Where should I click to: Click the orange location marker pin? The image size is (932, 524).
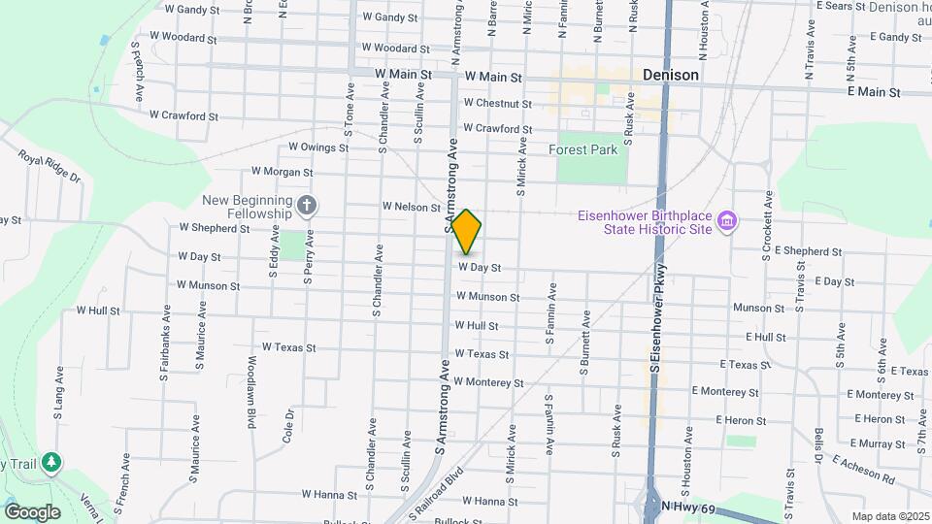[467, 231]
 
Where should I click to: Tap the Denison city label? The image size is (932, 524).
[671, 75]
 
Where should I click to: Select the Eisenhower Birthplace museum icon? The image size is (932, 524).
[726, 223]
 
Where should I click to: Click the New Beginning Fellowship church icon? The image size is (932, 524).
[307, 205]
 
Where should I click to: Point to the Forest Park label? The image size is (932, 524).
[582, 150]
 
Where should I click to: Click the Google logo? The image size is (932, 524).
[32, 511]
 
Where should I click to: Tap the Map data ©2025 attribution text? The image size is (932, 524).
[889, 516]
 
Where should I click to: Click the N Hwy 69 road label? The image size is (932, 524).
[694, 508]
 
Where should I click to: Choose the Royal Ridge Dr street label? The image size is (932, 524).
[50, 167]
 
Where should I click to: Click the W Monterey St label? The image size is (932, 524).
[489, 383]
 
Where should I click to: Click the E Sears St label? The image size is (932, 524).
[840, 6]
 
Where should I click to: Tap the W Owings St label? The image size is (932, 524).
[318, 148]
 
